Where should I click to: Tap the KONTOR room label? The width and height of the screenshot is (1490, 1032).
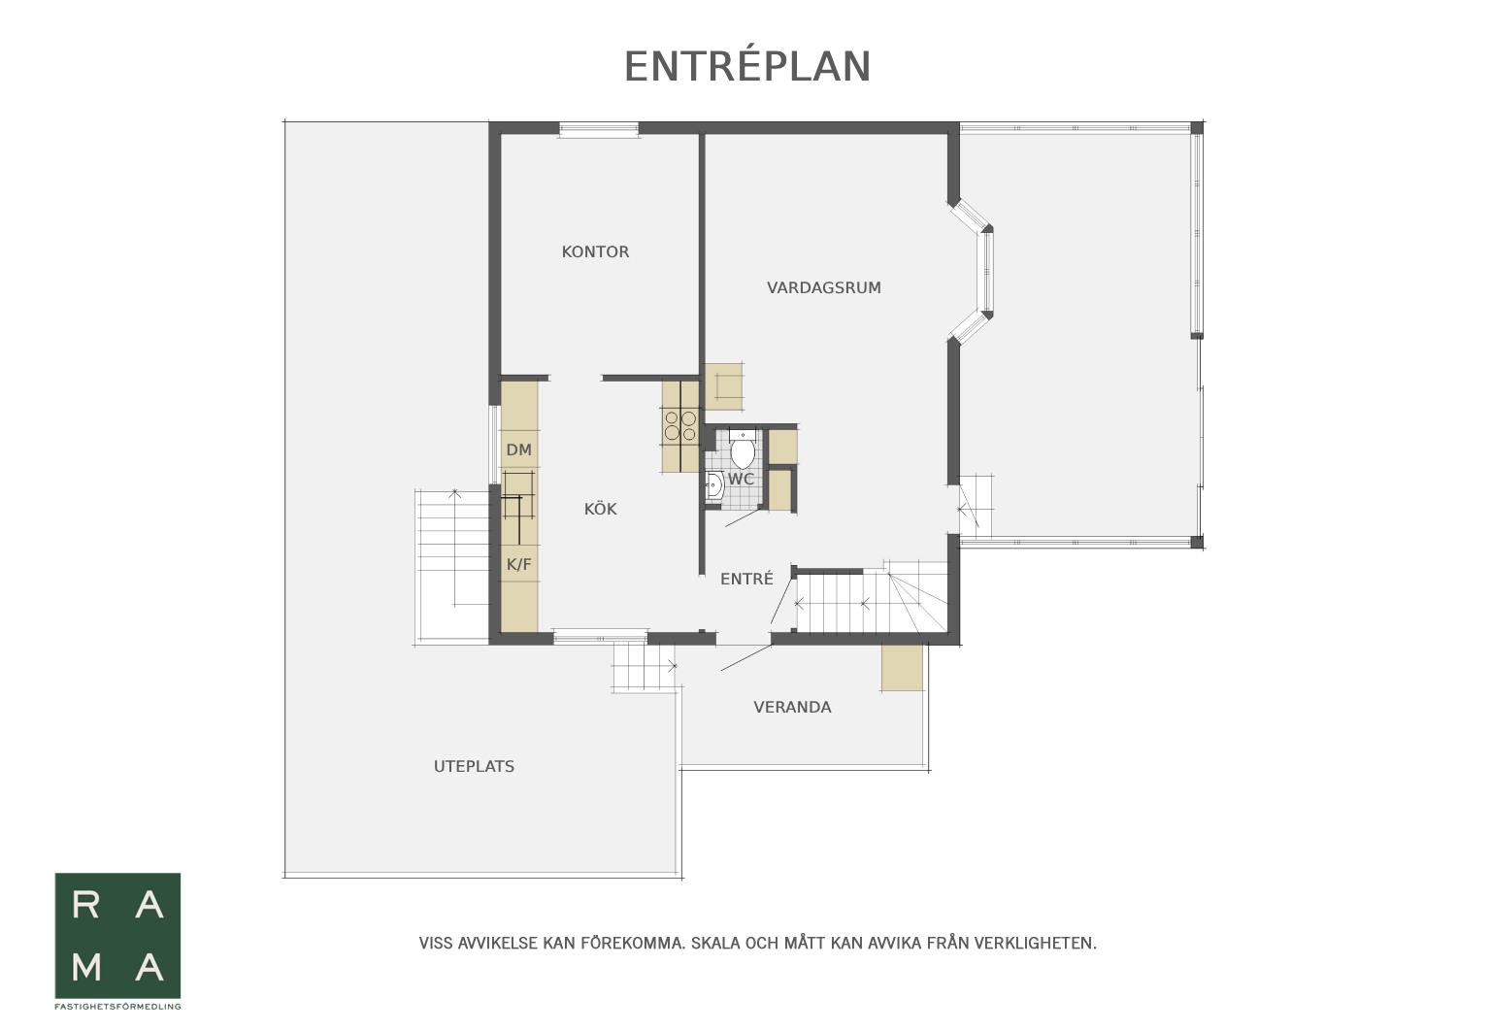pyautogui.click(x=595, y=251)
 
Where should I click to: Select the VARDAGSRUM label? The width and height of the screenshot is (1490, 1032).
pyautogui.click(x=823, y=287)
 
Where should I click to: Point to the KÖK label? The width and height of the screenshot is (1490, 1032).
pyautogui.click(x=600, y=509)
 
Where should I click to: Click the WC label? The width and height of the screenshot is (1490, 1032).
pyautogui.click(x=741, y=479)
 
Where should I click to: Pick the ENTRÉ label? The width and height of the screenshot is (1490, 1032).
pyautogui.click(x=746, y=579)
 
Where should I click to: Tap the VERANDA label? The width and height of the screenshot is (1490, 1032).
pyautogui.click(x=792, y=707)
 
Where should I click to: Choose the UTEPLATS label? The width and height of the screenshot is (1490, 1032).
pyautogui.click(x=474, y=766)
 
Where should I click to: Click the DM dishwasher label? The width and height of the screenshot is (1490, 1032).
pyautogui.click(x=519, y=449)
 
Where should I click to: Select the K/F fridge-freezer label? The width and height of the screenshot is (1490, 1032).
pyautogui.click(x=519, y=564)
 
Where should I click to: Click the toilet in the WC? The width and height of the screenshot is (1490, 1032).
pyautogui.click(x=742, y=449)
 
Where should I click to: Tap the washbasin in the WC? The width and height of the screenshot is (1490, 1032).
pyautogui.click(x=713, y=485)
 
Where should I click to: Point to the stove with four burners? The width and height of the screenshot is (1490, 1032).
pyautogui.click(x=679, y=426)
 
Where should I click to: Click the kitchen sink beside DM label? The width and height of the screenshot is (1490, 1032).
pyautogui.click(x=518, y=495)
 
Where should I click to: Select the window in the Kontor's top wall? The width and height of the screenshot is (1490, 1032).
pyautogui.click(x=598, y=129)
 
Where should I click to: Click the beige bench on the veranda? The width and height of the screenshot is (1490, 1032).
pyautogui.click(x=902, y=667)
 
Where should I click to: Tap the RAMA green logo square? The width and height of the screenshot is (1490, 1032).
pyautogui.click(x=117, y=936)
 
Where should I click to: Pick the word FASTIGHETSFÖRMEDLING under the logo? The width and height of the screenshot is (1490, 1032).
pyautogui.click(x=117, y=1007)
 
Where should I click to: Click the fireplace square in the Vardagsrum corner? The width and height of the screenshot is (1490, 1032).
pyautogui.click(x=724, y=386)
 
